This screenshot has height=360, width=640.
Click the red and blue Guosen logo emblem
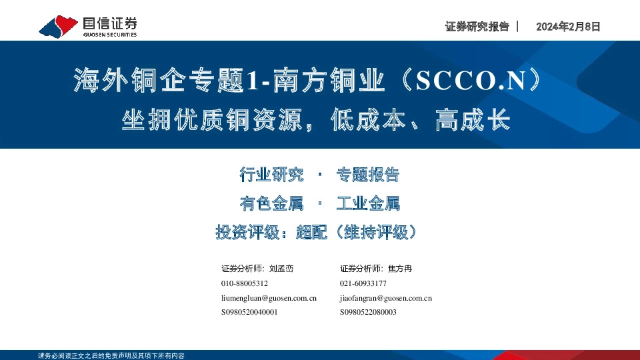(x=59, y=26)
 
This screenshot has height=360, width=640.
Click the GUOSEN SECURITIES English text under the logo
(x=110, y=34)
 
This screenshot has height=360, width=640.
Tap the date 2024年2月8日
(x=568, y=27)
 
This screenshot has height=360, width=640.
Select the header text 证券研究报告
(x=476, y=27)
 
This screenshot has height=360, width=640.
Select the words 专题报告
(x=367, y=175)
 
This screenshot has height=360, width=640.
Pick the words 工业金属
(x=367, y=203)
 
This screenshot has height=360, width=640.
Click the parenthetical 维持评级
(x=377, y=232)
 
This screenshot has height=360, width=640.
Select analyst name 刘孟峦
(x=281, y=269)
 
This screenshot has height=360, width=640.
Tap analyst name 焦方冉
(x=401, y=269)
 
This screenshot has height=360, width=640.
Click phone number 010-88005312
(x=245, y=283)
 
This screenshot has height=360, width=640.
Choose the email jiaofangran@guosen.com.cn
(x=386, y=298)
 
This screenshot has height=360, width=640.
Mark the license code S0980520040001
(x=249, y=312)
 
